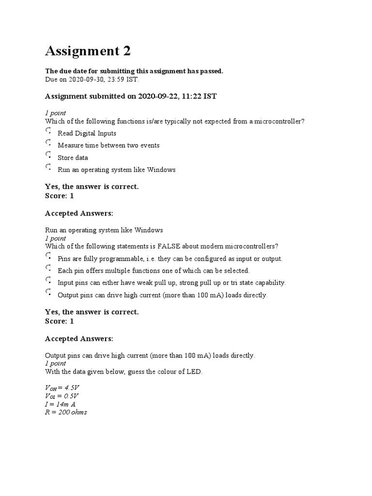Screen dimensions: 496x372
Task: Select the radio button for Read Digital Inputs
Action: (48, 131)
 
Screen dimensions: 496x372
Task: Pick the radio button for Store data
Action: (48, 155)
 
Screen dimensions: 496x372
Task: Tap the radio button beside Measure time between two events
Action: (48, 143)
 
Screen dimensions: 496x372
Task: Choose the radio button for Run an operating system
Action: (48, 168)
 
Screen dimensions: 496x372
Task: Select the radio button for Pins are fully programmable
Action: (48, 256)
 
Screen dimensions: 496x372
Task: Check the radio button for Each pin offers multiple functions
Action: (48, 268)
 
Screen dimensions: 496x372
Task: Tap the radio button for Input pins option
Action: (48, 280)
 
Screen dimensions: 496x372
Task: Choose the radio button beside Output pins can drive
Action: (48, 293)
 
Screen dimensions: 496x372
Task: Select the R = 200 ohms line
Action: (66, 412)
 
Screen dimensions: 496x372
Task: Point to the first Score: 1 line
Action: (59, 196)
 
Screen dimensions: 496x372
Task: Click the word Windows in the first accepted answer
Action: (149, 230)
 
